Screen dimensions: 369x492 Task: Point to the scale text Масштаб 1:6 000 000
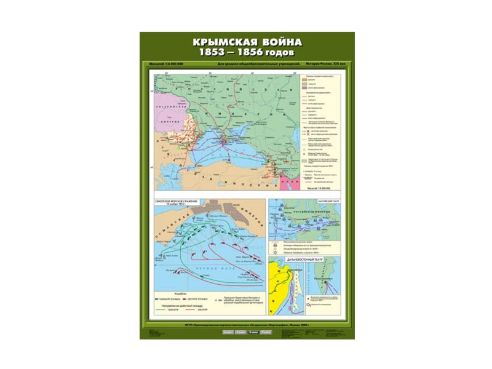167,64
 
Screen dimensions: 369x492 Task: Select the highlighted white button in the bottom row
253,333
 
